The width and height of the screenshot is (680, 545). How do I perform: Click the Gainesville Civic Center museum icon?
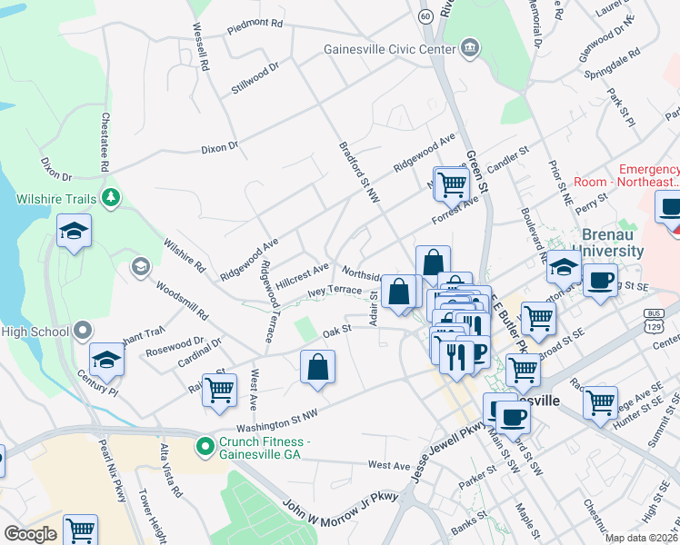coord(470,47)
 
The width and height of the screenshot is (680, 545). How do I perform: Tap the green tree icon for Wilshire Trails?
coord(111,197)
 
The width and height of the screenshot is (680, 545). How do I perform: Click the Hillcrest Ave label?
coord(302,274)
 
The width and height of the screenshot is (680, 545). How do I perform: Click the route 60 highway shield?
coord(426,16)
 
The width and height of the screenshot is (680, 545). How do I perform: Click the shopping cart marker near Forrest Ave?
coord(451,183)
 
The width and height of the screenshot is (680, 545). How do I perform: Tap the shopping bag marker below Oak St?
coord(318,367)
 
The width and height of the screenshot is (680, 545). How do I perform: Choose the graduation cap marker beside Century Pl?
coord(106,360)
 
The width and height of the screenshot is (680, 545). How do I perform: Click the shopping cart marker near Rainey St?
coord(219,390)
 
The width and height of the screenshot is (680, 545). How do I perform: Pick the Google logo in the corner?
coord(30,534)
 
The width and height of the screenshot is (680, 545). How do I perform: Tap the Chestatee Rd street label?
coord(105,143)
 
